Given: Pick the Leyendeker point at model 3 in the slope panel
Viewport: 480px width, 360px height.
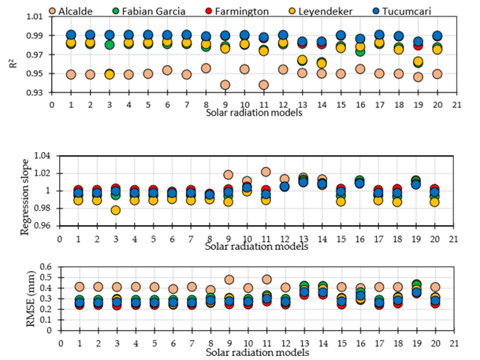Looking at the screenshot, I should (x=116, y=210).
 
